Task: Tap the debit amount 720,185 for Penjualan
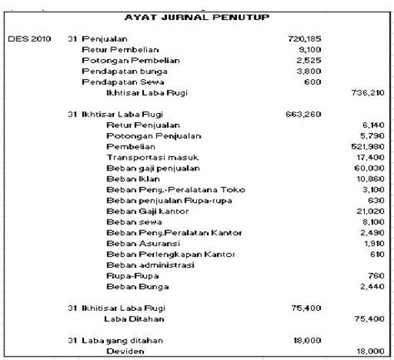point(303,39)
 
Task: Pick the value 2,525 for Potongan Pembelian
point(308,61)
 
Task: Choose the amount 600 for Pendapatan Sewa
point(313,81)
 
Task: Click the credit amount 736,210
point(369,92)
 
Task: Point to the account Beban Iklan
point(129,177)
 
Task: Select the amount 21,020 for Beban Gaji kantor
point(372,212)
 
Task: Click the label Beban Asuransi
point(135,243)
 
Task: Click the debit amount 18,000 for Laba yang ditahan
point(307,340)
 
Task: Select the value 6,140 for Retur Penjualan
point(374,124)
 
